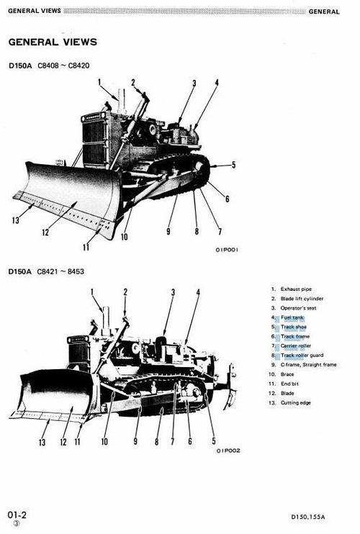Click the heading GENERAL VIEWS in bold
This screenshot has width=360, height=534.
[x=53, y=42]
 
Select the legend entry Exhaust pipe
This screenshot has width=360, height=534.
[x=296, y=289]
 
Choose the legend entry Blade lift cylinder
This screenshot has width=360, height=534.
[x=302, y=298]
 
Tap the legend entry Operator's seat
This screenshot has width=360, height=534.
[x=300, y=307]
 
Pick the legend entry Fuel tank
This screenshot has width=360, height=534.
[x=292, y=317]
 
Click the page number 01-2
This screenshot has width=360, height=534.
[x=17, y=515]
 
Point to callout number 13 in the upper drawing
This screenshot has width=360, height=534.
[x=16, y=220]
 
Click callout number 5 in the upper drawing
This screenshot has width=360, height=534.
[x=233, y=165]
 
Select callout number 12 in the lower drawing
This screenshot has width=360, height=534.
[x=63, y=441]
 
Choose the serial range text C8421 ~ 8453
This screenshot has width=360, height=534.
[x=61, y=271]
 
